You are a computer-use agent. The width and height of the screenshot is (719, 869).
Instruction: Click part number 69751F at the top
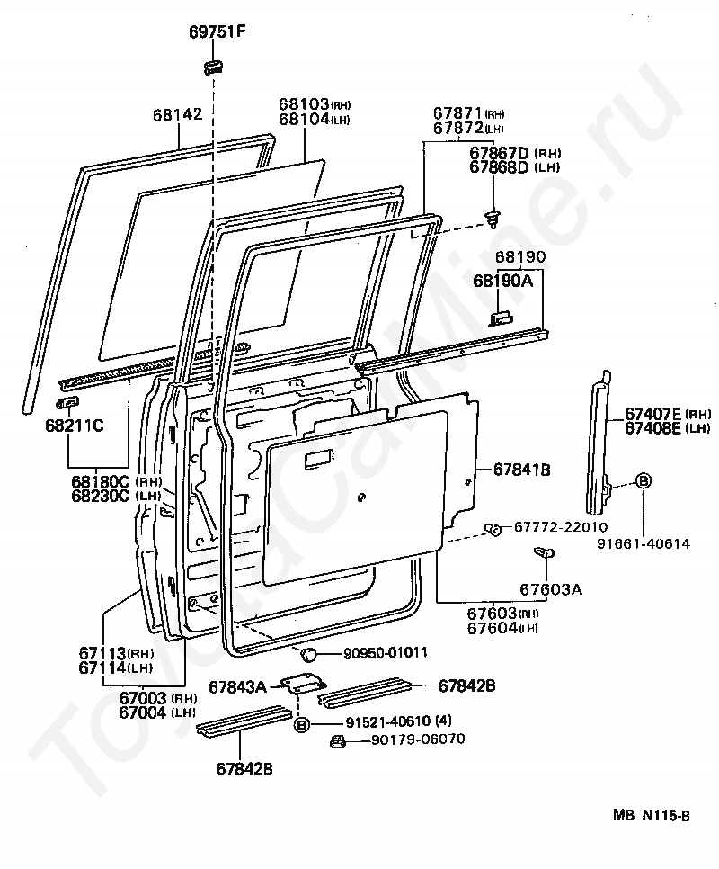pyautogui.click(x=217, y=33)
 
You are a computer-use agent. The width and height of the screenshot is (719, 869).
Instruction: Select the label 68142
pyautogui.click(x=177, y=115)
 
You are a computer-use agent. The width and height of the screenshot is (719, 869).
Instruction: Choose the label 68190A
pyautogui.click(x=503, y=282)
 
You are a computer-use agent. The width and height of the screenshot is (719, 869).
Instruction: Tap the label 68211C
pyautogui.click(x=73, y=425)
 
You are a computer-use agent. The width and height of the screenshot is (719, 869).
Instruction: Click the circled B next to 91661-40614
pyautogui.click(x=644, y=481)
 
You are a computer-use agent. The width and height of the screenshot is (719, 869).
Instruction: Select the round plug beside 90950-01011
pyautogui.click(x=307, y=654)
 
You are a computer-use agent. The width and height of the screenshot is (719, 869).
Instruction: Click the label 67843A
pyautogui.click(x=237, y=687)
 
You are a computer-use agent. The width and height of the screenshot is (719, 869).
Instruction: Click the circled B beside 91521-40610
pyautogui.click(x=302, y=723)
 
